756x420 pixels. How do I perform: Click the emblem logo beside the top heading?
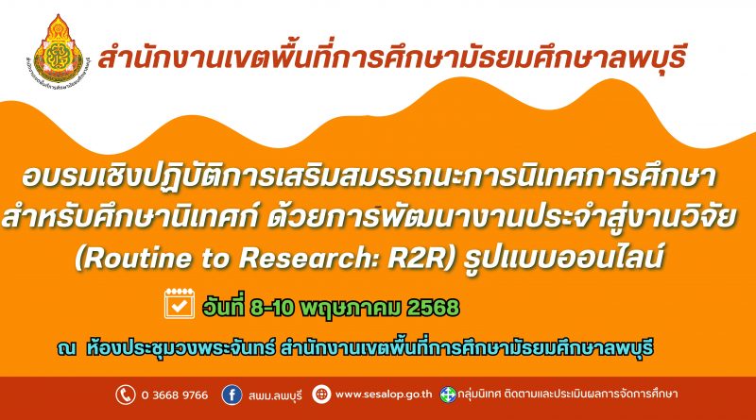[x=58, y=51]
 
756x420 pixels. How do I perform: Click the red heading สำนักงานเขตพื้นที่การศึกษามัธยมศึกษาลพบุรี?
[x=391, y=59]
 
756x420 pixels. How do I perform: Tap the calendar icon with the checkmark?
[x=180, y=304]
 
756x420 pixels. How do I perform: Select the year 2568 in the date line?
[x=433, y=308]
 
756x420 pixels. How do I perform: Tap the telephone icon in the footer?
[x=126, y=395]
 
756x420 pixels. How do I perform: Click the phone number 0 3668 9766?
[x=175, y=395]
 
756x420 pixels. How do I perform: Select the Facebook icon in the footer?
[x=232, y=395]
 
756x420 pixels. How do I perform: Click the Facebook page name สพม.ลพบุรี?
[x=275, y=395]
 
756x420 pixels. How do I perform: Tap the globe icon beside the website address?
[x=321, y=395]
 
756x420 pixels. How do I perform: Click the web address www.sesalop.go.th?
[x=384, y=395]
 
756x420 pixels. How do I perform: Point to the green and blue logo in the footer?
[x=448, y=395]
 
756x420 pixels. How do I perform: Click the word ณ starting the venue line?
[x=66, y=347]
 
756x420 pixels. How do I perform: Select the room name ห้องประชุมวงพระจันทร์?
[x=180, y=347]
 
